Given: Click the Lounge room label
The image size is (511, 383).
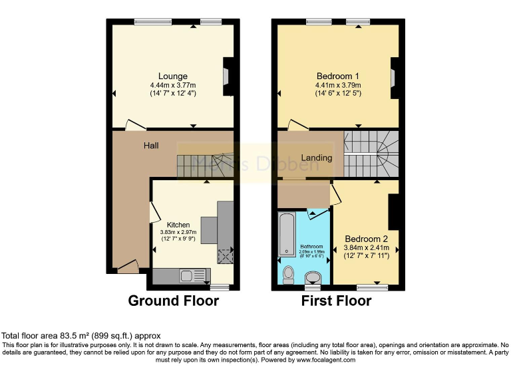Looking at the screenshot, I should point(172,76).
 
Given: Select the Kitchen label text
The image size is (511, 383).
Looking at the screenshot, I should point(178,225).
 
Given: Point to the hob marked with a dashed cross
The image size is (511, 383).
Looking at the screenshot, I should point(225,255).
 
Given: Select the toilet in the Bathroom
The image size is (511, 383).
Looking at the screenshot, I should point(288,273).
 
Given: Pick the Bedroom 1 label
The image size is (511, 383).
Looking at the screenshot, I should point(339,75).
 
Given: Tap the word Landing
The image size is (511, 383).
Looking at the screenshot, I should point(316,158).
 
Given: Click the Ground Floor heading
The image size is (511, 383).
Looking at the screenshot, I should point(173,301).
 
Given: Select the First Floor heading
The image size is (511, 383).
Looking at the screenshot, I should point(336,301).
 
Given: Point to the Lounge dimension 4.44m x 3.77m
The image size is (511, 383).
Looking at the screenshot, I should point(173,85).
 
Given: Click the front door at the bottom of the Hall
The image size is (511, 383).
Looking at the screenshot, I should point(128,267).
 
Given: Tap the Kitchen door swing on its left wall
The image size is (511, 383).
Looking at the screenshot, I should point(154,213).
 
